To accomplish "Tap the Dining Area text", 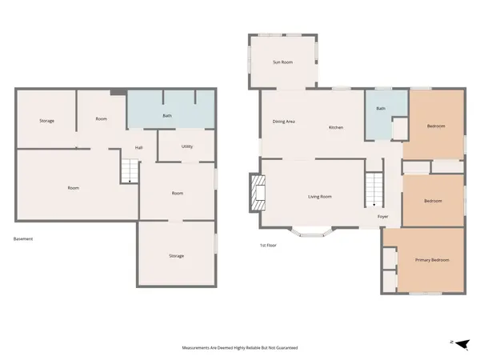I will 284,122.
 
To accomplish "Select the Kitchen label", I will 335,128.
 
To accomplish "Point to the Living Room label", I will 320,197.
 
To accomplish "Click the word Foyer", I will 383,215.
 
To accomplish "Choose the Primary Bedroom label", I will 431,260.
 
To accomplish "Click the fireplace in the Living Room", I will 256,194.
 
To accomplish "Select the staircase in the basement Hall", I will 130,170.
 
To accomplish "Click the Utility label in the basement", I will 186,146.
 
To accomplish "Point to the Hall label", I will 138,148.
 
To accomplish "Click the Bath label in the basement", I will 167,116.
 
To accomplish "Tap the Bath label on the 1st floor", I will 381,108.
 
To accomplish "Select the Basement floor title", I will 23,238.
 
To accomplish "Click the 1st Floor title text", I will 268,245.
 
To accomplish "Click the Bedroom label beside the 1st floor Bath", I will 435,126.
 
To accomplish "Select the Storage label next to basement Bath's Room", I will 47,121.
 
